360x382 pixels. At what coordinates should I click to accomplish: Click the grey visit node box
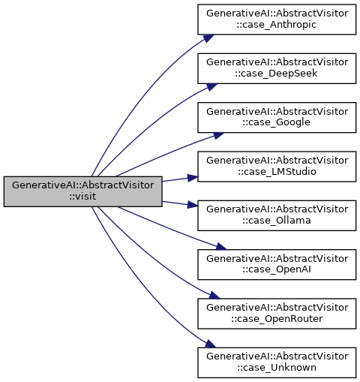click(82, 191)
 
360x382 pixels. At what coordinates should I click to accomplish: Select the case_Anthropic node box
click(277, 20)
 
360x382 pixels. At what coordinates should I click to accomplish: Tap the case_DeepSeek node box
click(277, 68)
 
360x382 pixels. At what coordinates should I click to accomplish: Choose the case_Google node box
click(277, 117)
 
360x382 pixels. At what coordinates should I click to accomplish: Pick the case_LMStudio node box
click(277, 167)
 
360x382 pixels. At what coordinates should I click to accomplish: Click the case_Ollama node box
click(277, 215)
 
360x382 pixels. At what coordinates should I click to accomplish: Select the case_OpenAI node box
click(277, 264)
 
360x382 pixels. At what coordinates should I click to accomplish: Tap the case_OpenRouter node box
click(277, 314)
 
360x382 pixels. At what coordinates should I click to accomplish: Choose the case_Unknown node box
click(277, 362)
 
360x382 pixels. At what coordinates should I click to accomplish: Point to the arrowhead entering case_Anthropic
click(208, 38)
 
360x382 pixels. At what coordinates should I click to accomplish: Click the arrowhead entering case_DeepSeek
click(211, 87)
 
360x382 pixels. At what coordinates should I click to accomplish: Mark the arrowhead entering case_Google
click(218, 135)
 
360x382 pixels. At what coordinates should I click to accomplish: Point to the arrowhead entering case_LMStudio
click(192, 178)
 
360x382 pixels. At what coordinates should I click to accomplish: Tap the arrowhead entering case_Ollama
click(192, 205)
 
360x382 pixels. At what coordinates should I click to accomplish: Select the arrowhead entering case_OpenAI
click(220, 247)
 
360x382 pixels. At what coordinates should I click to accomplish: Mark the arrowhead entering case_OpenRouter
click(214, 295)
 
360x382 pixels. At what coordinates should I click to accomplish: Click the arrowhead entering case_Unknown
click(210, 344)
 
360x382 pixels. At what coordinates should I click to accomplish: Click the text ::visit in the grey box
click(82, 197)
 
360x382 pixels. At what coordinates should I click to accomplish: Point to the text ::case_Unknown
click(277, 368)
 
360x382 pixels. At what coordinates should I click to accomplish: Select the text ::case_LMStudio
click(277, 172)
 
